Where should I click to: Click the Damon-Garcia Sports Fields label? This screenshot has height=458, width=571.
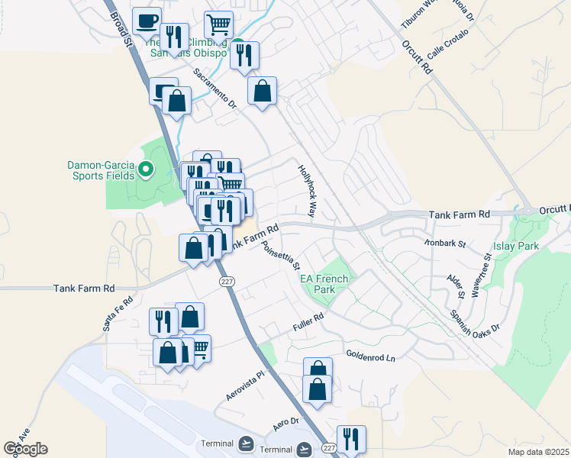coord(100,169)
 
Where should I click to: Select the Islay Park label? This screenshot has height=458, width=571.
coord(517,246)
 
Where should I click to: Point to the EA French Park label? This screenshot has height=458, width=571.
coord(324,284)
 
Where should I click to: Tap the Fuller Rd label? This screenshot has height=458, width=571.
coord(308,321)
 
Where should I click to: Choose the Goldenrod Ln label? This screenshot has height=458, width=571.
coord(373,356)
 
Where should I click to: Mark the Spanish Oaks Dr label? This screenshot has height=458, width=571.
coord(474,321)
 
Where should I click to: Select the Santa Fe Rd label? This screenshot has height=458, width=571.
coord(118,313)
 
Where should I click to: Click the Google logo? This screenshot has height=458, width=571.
coord(25,449)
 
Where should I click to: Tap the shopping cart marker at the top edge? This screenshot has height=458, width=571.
coord(219,24)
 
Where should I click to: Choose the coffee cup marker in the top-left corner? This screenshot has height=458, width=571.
coord(147,20)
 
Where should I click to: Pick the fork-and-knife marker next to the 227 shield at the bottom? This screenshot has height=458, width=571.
coord(351,439)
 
